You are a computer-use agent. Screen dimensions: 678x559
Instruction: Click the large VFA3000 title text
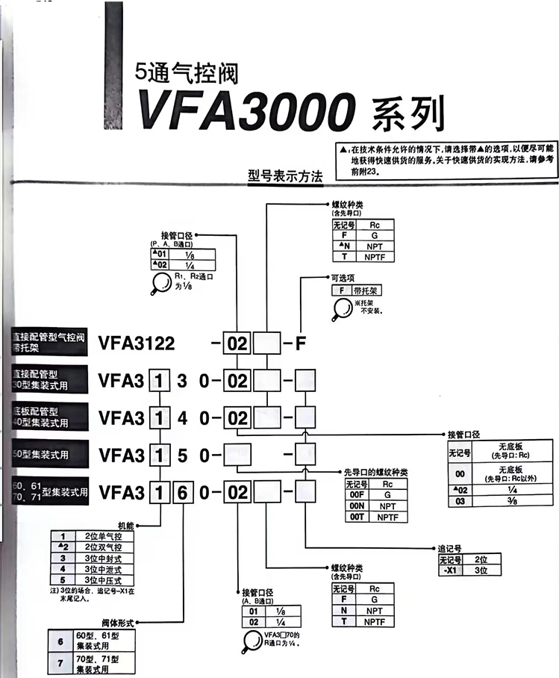(243, 112)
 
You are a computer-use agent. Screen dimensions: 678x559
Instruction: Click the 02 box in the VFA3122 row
(237, 344)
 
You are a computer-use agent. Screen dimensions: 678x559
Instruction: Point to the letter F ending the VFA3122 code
(301, 344)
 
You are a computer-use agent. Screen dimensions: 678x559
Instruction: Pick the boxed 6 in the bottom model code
(184, 492)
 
